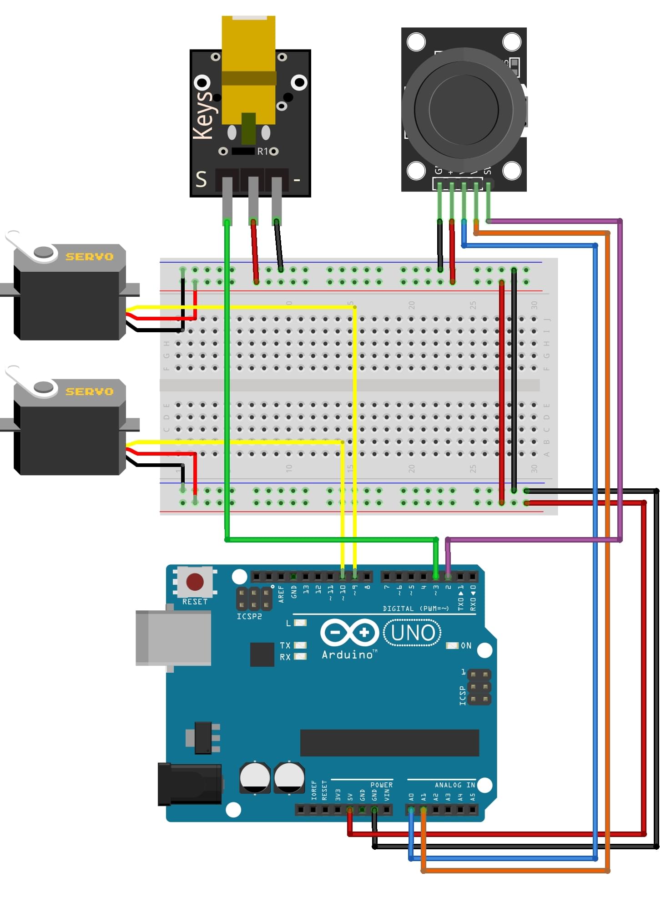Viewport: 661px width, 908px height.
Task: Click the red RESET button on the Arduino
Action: (x=195, y=582)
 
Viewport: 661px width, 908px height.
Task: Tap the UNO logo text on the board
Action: (x=413, y=633)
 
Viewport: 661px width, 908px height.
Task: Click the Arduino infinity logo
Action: (x=349, y=632)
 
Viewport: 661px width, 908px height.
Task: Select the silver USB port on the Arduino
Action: (x=173, y=638)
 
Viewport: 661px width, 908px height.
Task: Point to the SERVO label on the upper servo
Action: (x=90, y=257)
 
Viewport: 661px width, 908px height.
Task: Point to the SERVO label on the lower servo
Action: (x=90, y=391)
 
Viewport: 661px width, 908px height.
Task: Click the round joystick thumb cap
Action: (x=464, y=110)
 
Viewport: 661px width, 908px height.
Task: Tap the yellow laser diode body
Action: (x=248, y=68)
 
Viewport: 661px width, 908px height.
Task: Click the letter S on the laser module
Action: (x=201, y=179)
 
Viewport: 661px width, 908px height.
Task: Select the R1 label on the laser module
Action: (x=263, y=152)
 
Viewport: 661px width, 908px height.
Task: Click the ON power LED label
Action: (x=466, y=645)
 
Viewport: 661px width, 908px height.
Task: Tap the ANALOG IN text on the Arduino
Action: (x=454, y=785)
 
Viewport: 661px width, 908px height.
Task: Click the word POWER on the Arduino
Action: (x=381, y=785)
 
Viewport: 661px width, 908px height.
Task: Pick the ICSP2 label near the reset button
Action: (x=249, y=616)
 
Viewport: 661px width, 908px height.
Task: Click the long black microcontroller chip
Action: (x=389, y=743)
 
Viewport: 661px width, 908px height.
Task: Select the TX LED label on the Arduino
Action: (x=285, y=645)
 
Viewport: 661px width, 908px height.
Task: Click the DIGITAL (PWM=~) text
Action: (x=415, y=609)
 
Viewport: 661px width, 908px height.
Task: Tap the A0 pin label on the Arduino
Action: (x=411, y=797)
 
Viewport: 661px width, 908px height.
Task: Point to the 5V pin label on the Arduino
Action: (x=350, y=797)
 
